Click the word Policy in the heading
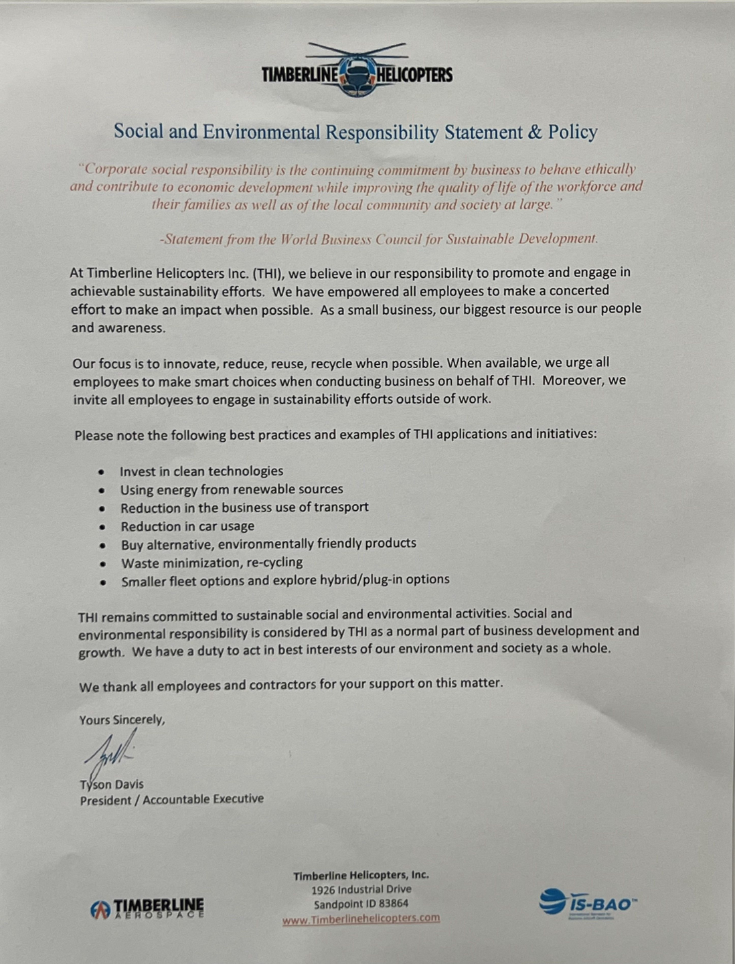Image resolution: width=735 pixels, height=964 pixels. (572, 132)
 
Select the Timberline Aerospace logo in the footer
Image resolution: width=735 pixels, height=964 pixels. (147, 908)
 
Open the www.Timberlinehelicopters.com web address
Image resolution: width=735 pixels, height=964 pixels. (361, 918)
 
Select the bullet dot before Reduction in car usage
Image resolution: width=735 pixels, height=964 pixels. (102, 528)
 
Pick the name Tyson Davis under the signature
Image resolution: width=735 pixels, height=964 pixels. (112, 785)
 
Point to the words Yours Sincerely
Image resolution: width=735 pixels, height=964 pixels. (122, 720)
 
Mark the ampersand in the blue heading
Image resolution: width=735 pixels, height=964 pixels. (535, 132)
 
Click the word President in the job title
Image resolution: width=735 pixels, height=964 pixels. (106, 800)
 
